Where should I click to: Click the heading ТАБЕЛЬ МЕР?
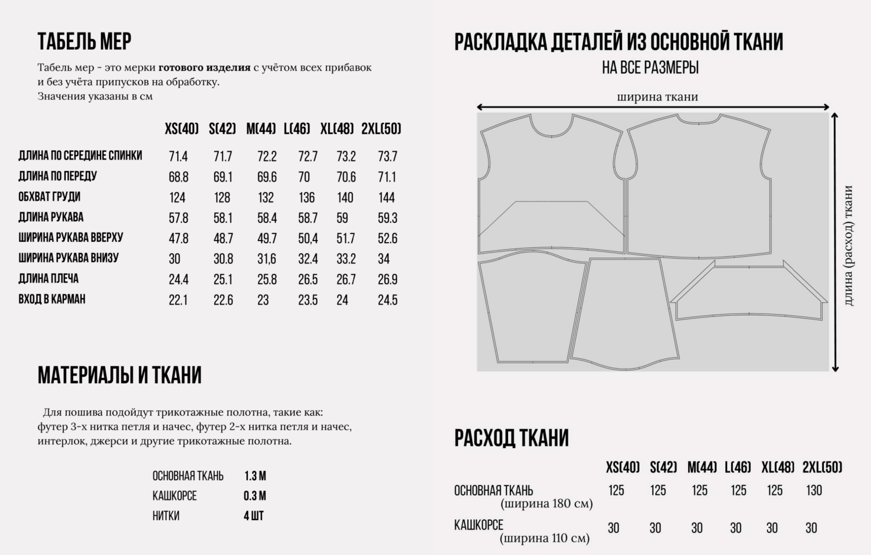pos(84,41)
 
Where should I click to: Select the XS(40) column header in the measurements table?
pos(182,129)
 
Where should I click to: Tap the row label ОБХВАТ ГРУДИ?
pos(49,197)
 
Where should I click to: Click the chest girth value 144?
pos(387,197)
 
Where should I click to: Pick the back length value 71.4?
pos(178,157)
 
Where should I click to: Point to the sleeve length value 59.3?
pos(387,218)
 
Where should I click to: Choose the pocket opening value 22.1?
pos(178,300)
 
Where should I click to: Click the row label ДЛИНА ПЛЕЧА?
pos(48,279)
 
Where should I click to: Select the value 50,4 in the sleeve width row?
pos(308,239)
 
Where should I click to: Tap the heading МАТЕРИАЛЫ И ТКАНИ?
pos(120,376)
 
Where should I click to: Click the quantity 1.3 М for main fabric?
pos(255,476)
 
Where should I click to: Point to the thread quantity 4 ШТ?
pos(254,516)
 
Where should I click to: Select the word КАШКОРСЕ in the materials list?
pos(175,496)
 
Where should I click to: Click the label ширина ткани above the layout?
pos(657,97)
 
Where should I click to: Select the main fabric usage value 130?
pos(814,491)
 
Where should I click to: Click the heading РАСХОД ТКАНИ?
pos(512,438)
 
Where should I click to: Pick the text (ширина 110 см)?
pos(545,538)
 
